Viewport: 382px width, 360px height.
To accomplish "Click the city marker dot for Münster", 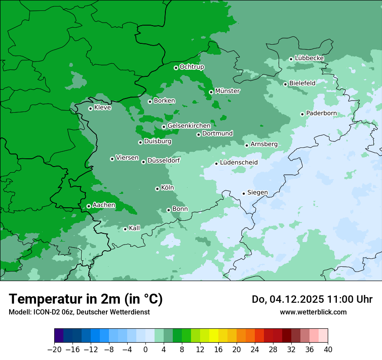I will tap(211, 92).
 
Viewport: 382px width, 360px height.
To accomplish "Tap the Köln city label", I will tap(167, 188).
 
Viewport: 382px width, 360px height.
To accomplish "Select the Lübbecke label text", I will tap(309, 58).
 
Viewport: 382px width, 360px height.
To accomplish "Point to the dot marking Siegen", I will tap(244, 193).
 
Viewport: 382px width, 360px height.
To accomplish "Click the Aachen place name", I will tap(104, 205).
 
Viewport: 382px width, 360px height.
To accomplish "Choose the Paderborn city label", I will tap(321, 113).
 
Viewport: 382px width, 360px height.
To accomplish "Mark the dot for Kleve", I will tap(90, 108).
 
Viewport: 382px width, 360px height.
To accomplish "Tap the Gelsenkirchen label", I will tap(189, 126).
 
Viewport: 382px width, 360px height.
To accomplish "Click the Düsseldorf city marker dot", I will tap(143, 162).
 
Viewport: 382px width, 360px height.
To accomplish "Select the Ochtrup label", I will tap(191, 67).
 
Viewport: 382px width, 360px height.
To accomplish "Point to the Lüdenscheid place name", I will tap(239, 163).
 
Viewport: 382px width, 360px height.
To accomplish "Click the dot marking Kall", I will tap(125, 229).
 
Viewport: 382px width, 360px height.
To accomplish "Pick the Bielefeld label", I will tap(302, 83).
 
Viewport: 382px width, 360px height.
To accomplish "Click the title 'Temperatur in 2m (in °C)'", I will tap(86, 299).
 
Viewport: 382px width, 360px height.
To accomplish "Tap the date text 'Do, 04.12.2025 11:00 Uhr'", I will tap(312, 299).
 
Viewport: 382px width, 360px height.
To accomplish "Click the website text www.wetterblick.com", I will tap(313, 312).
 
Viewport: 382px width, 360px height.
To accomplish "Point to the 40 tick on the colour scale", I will tap(328, 349).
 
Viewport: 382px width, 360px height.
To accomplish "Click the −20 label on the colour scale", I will tap(54, 349).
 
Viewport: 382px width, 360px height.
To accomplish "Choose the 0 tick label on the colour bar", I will tap(145, 349).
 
